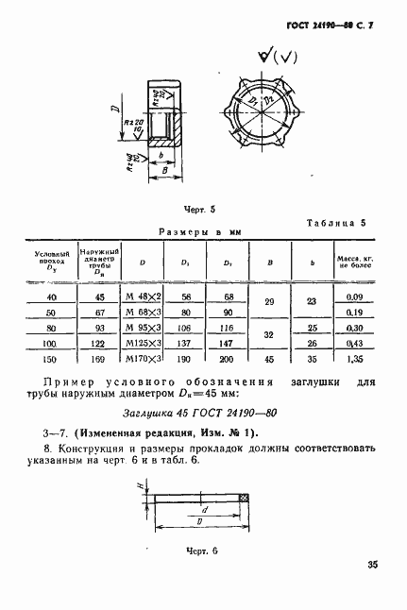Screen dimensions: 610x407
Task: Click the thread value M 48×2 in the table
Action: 142,297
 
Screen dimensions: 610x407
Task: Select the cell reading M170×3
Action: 142,360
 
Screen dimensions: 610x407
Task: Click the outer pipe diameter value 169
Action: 98,360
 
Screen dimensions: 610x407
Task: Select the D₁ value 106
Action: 184,329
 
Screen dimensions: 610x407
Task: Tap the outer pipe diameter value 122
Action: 98,345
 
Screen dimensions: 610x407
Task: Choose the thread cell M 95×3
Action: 142,329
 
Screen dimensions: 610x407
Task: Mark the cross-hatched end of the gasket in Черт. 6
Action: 244,498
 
